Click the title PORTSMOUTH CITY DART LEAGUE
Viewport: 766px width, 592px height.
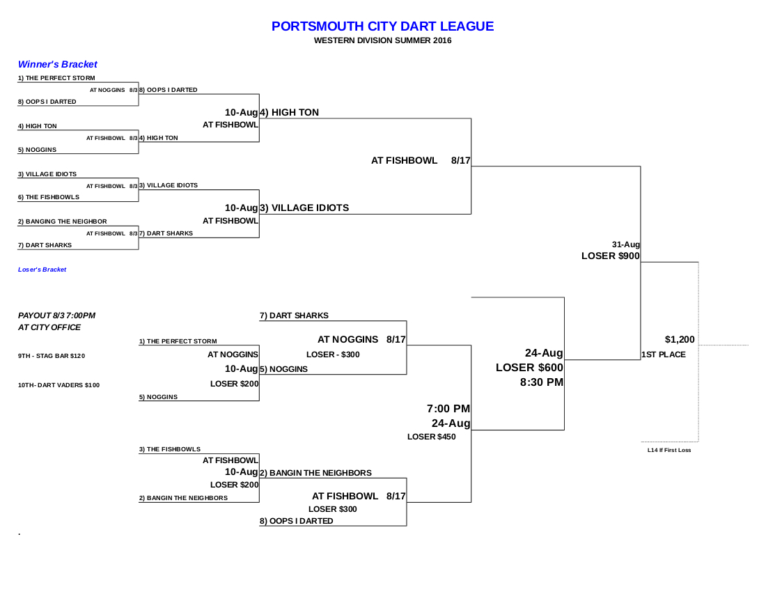coord(382,26)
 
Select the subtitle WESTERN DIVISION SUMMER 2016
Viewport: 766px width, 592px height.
coord(382,40)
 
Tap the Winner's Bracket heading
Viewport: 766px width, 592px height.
coord(58,65)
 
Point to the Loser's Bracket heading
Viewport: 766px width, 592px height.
coord(42,270)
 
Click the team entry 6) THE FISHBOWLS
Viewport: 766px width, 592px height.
coord(48,197)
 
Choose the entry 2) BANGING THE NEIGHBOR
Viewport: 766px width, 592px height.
coord(63,221)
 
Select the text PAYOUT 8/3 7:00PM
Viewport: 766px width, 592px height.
coord(56,316)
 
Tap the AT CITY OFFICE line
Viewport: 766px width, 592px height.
coord(49,327)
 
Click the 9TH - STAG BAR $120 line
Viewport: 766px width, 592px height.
coord(52,356)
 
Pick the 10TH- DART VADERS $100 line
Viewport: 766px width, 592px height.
coord(58,385)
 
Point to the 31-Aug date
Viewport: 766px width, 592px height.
coord(626,244)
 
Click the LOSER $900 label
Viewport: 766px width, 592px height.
coord(611,256)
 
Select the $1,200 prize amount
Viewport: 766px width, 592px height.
coord(680,339)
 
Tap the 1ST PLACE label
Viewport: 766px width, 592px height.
coord(664,355)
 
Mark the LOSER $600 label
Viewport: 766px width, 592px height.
coord(529,368)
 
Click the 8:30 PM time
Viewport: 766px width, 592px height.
coord(542,382)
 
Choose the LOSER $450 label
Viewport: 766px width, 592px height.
coord(431,437)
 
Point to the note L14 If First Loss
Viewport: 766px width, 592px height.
coord(669,451)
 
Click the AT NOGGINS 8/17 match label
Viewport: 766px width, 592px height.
coord(361,339)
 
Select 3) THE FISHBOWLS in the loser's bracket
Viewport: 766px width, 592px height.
coord(169,449)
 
